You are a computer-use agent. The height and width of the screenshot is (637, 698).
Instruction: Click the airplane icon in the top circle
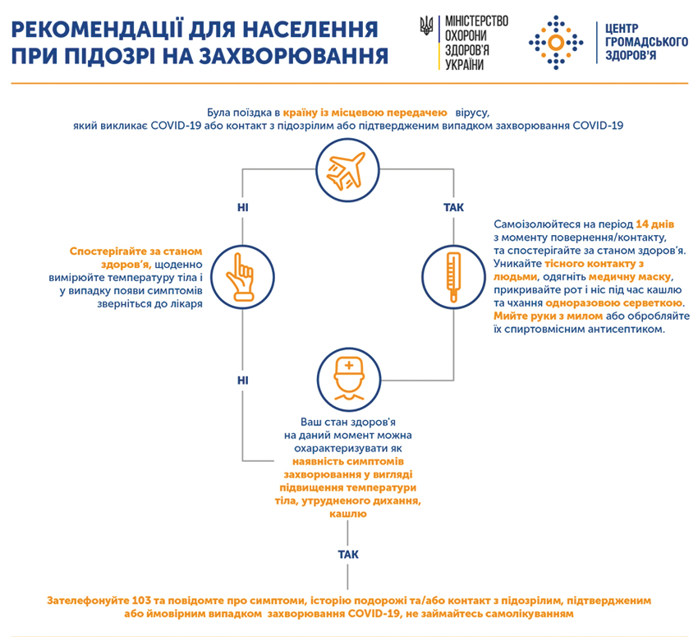tap(347, 171)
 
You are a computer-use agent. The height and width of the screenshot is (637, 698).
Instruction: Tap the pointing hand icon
tap(241, 277)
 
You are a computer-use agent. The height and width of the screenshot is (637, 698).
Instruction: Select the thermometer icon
tap(453, 277)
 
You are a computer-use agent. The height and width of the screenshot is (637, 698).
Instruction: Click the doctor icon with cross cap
tap(349, 379)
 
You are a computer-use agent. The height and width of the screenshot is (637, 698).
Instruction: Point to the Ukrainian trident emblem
tap(426, 25)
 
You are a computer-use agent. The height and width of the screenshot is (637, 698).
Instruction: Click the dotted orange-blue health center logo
tap(556, 43)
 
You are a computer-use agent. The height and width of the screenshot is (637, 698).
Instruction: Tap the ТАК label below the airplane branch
tap(453, 208)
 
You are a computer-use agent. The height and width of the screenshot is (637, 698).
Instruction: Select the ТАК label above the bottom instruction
tap(348, 555)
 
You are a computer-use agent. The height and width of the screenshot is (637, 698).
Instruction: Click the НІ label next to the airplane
tap(242, 208)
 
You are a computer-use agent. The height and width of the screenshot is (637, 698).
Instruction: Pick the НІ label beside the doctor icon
tap(242, 381)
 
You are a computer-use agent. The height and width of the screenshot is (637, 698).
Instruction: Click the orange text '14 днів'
tap(654, 224)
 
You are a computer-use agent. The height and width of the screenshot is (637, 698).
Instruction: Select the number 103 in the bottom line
tap(141, 601)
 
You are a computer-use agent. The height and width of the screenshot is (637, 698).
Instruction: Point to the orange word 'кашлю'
tap(348, 514)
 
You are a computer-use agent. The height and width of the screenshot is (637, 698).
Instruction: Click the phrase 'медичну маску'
tap(630, 277)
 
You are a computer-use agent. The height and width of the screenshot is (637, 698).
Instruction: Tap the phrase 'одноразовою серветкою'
tap(614, 303)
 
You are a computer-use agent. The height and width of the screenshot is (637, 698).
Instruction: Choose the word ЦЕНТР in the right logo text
tap(622, 29)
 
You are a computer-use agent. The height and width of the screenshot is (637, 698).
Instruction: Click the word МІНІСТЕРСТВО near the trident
tap(477, 21)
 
